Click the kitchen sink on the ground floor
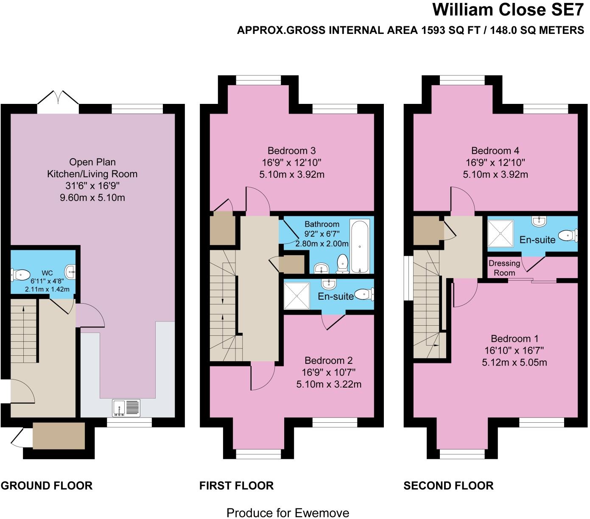click(x=126, y=407)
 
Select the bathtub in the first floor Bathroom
click(x=360, y=246)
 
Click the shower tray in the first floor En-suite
click(x=296, y=296)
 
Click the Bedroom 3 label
click(x=291, y=151)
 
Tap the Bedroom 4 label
click(x=495, y=151)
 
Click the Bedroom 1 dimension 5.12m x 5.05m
click(x=514, y=363)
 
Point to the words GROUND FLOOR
click(x=47, y=486)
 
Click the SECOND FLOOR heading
click(x=448, y=486)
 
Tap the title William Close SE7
click(x=508, y=9)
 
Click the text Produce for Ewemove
click(x=288, y=513)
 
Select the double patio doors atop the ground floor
click(x=58, y=102)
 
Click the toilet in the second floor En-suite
click(x=568, y=235)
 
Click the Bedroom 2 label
click(x=329, y=360)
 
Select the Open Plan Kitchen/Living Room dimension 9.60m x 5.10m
click(x=92, y=198)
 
